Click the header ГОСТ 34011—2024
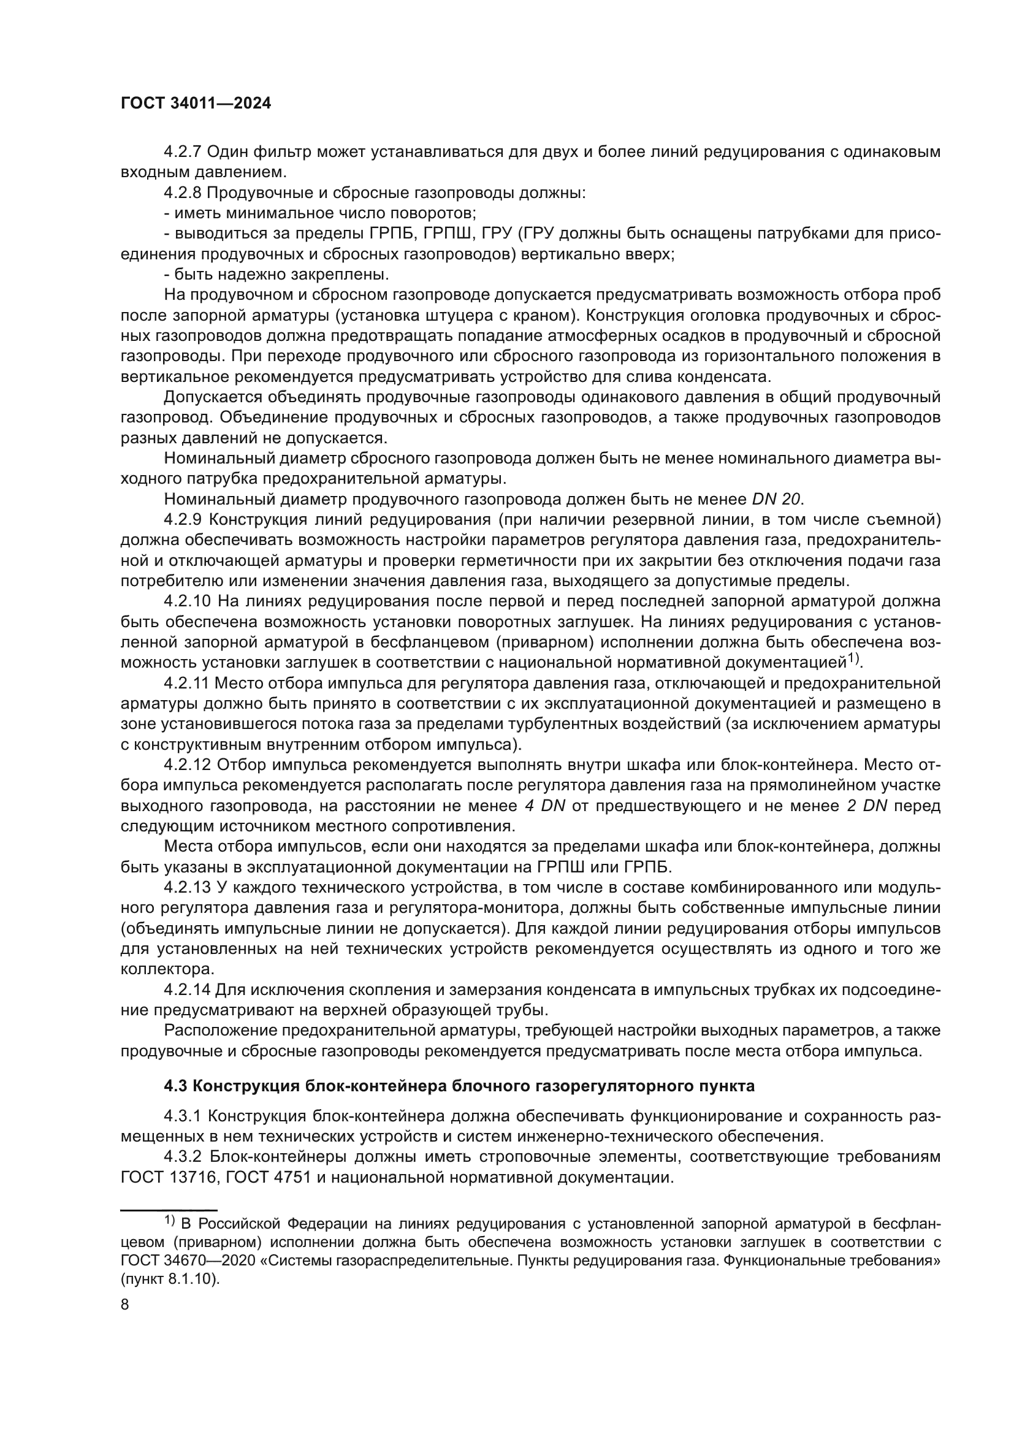[196, 104]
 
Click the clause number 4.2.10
[188, 601]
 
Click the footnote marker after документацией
[853, 658]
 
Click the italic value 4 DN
[544, 806]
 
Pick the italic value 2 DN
[863, 806]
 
